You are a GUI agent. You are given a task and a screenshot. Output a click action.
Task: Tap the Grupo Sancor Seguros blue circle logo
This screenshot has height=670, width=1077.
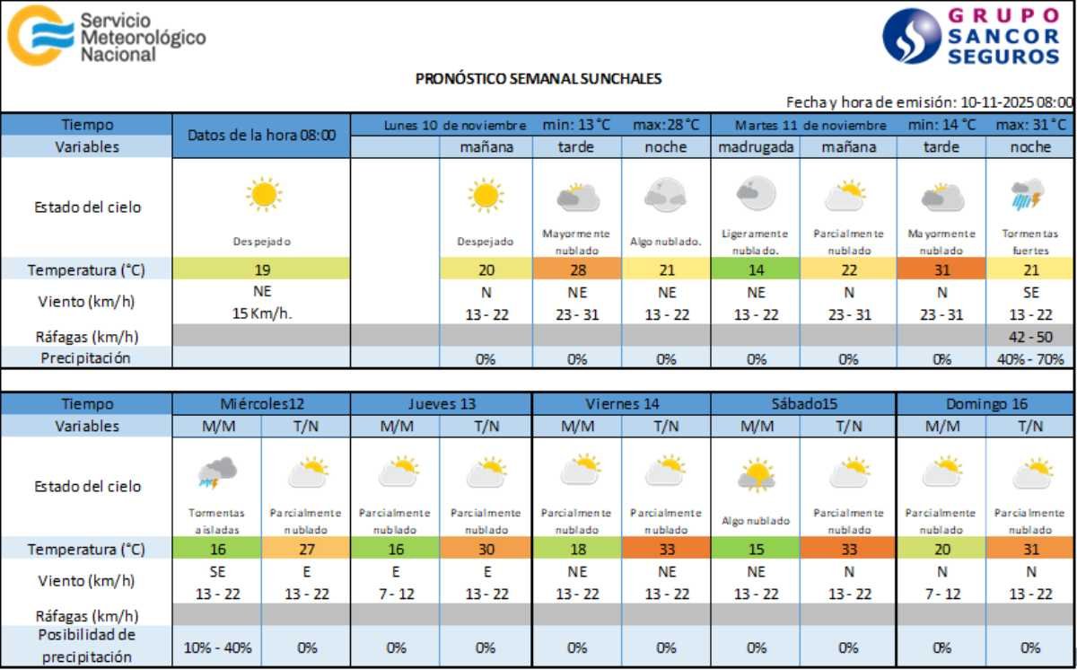pos(911,37)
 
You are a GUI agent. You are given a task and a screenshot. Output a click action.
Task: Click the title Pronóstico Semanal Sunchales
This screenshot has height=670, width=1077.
pos(538,78)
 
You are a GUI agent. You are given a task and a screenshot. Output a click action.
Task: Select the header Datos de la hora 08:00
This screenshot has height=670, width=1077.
pos(262,136)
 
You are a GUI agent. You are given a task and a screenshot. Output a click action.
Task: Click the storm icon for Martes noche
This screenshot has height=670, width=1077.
pos(1029,193)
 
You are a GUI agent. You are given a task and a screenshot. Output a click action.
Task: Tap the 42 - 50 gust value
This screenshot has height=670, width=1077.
pos(1030,337)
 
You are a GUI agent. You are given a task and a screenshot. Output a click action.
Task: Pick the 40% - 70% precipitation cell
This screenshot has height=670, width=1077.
pos(1030,359)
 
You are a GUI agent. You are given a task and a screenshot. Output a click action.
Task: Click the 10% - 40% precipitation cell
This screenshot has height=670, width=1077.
pos(217,647)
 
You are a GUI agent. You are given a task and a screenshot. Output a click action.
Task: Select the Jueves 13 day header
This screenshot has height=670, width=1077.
pos(441,404)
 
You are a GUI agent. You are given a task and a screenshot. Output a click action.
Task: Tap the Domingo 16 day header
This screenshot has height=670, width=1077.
pos(986,404)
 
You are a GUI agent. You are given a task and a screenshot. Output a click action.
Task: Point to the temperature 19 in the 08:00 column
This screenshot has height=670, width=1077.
pos(262,269)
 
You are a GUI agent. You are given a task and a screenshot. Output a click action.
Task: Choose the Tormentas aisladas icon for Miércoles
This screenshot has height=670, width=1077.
pos(217,472)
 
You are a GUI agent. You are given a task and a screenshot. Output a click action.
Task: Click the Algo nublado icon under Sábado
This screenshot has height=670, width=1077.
pos(757,474)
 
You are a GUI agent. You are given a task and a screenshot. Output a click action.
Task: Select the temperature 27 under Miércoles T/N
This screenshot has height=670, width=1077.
pos(306,549)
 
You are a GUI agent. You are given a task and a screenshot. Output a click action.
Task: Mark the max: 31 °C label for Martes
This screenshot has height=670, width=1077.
pos(1030,125)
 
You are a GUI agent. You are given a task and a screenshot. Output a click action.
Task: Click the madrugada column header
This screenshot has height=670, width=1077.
pos(757,147)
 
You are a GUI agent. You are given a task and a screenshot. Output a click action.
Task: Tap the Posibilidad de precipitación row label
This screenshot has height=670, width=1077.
pos(86,646)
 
